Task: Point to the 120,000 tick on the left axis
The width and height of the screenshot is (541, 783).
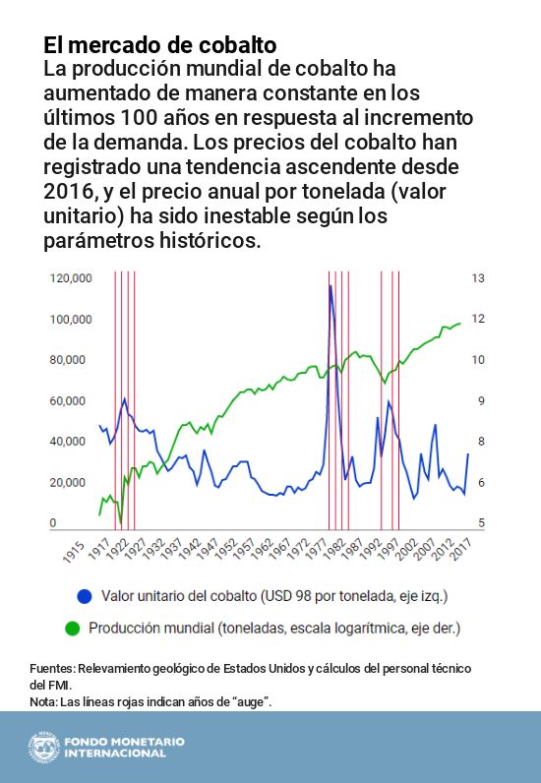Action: pyautogui.click(x=70, y=279)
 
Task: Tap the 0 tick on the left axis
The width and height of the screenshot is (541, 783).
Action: pyautogui.click(x=53, y=523)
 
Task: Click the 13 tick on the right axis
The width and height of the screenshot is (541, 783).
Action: pyautogui.click(x=478, y=279)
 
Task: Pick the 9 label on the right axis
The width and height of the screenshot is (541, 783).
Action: pyautogui.click(x=478, y=401)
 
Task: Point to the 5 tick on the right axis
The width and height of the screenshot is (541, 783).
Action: pyautogui.click(x=478, y=523)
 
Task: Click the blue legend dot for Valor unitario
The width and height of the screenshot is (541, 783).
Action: pyautogui.click(x=85, y=596)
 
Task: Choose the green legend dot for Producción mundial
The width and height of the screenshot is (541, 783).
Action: pyautogui.click(x=72, y=627)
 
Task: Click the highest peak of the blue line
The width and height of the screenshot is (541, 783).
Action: pyautogui.click(x=331, y=286)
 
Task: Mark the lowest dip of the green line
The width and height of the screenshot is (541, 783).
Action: pyautogui.click(x=120, y=522)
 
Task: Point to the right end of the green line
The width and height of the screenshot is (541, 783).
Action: pyautogui.click(x=460, y=323)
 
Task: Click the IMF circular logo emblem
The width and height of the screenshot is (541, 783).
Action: pyautogui.click(x=44, y=747)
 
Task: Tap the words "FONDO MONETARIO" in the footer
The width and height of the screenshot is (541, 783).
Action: pyautogui.click(x=124, y=741)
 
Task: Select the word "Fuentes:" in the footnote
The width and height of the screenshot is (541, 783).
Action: pyautogui.click(x=52, y=669)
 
